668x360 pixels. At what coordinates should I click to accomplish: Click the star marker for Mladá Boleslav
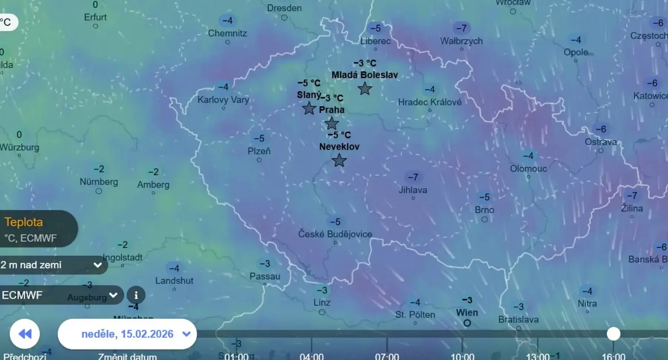[365, 89]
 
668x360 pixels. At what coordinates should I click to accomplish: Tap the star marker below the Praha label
[331, 123]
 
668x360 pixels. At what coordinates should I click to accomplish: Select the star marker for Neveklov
[339, 160]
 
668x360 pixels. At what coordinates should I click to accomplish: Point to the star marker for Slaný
[309, 108]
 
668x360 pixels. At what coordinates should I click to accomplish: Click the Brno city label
[484, 210]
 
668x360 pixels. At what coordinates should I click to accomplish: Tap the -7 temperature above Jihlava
[413, 177]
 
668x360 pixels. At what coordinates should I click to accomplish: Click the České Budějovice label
[335, 234]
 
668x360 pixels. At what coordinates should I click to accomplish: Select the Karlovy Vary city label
[223, 99]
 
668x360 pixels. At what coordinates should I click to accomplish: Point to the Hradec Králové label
[430, 102]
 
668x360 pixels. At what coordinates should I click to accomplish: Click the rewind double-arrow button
[25, 334]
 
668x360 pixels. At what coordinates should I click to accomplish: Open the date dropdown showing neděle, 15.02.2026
[127, 334]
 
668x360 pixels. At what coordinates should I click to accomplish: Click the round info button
[136, 295]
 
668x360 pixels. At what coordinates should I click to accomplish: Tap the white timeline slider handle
[613, 334]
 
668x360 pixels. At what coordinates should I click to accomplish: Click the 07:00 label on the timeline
[387, 356]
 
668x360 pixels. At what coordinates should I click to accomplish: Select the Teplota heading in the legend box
[24, 222]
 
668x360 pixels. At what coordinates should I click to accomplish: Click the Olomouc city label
[528, 168]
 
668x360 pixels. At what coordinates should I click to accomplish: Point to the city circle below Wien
[467, 323]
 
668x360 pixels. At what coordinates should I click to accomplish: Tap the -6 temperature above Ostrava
[601, 129]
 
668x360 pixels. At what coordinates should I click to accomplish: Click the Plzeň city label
[259, 151]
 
